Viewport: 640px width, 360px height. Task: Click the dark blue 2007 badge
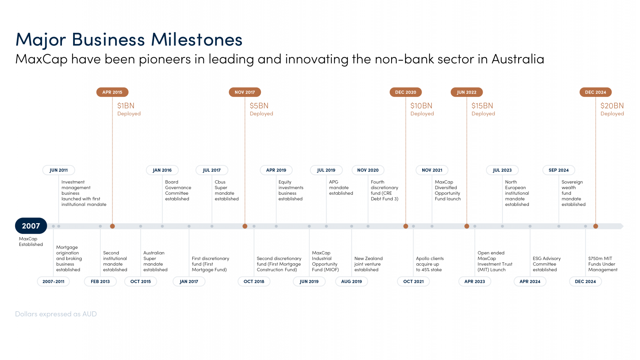pyautogui.click(x=31, y=226)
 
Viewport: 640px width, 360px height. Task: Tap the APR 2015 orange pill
pyautogui.click(x=112, y=92)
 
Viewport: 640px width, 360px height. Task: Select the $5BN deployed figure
pyautogui.click(x=259, y=106)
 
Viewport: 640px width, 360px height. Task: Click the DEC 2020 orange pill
pyautogui.click(x=406, y=92)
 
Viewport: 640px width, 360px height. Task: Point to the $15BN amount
pyautogui.click(x=482, y=106)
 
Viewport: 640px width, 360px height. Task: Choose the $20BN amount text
pyautogui.click(x=612, y=106)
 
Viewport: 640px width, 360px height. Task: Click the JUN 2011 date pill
pyautogui.click(x=59, y=170)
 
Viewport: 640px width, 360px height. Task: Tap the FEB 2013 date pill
pyautogui.click(x=100, y=282)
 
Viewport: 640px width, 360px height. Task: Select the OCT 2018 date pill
pyautogui.click(x=254, y=282)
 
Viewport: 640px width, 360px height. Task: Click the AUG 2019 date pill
pyautogui.click(x=352, y=282)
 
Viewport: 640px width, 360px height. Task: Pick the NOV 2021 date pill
pyautogui.click(x=432, y=170)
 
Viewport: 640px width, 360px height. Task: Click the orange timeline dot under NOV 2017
pyautogui.click(x=245, y=226)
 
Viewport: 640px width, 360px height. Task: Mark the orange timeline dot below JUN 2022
pyautogui.click(x=467, y=226)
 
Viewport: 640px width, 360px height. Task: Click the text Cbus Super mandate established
pyautogui.click(x=226, y=190)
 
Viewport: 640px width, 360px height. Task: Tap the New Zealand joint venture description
pyautogui.click(x=368, y=264)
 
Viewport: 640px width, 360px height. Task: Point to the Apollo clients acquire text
pyautogui.click(x=429, y=264)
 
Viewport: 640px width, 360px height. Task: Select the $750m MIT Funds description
pyautogui.click(x=603, y=264)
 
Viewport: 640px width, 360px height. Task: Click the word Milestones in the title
pyautogui.click(x=197, y=40)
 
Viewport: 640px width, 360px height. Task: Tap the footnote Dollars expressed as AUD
pyautogui.click(x=56, y=314)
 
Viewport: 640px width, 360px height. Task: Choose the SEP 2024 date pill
pyautogui.click(x=559, y=170)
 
